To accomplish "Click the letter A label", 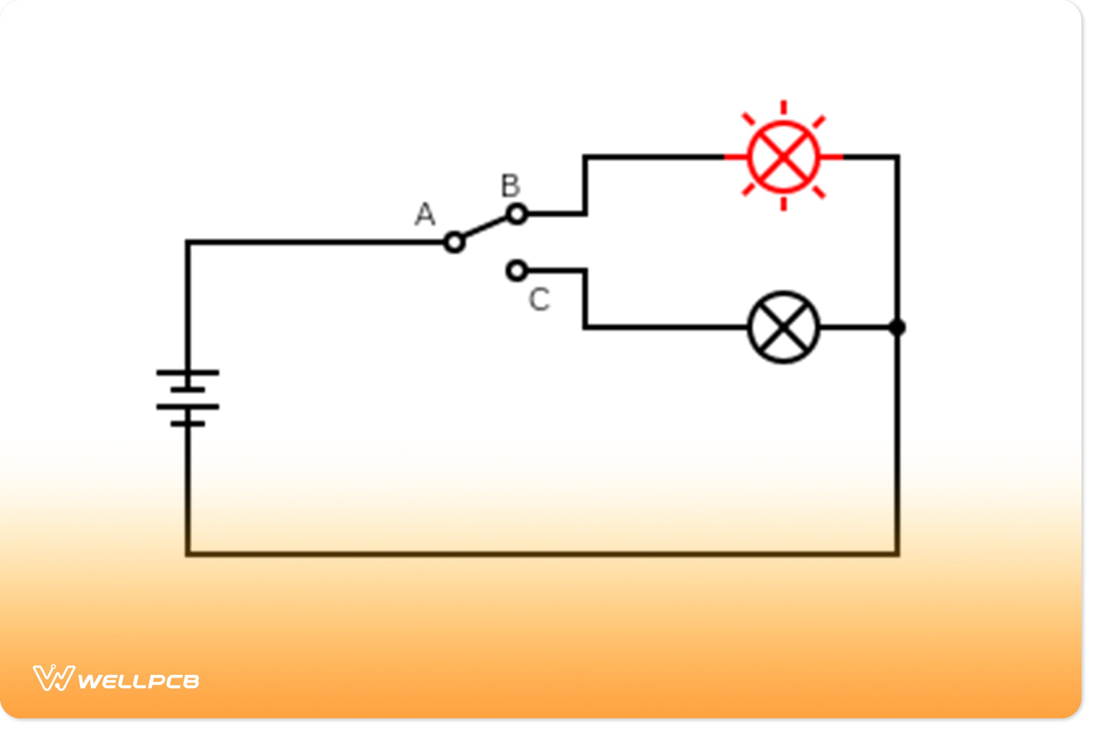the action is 425,214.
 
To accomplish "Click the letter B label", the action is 510,185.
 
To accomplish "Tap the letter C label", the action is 539,299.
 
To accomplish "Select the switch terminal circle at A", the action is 454,242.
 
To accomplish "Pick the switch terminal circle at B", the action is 516,214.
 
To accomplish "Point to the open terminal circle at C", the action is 516,271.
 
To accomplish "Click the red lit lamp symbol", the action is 783,157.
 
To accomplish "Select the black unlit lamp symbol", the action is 783,327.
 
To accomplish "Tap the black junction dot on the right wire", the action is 897,327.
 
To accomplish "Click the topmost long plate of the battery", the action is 188,372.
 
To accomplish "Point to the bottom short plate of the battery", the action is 188,424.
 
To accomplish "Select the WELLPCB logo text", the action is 138,682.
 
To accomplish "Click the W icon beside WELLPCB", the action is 54,678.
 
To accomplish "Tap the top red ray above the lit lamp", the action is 783,107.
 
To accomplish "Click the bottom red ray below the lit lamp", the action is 783,204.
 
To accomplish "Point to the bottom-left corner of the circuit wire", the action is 188,554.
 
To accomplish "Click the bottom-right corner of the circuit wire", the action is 897,554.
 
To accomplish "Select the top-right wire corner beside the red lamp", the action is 897,157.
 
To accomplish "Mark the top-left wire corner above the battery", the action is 188,242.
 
